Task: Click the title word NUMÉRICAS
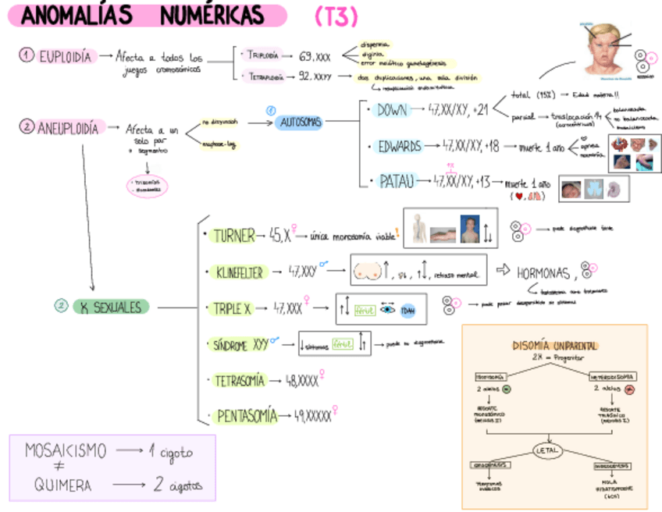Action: (212, 16)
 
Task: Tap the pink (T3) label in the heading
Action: (336, 16)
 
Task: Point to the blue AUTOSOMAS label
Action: (297, 122)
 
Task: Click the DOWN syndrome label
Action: (392, 111)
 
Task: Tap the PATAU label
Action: (397, 182)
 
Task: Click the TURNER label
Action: (233, 236)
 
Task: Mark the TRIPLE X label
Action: (233, 309)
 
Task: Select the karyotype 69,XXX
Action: (315, 57)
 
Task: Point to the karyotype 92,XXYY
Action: (315, 76)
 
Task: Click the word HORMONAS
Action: (545, 272)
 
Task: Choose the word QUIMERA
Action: (62, 485)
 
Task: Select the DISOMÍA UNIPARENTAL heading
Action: (555, 345)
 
